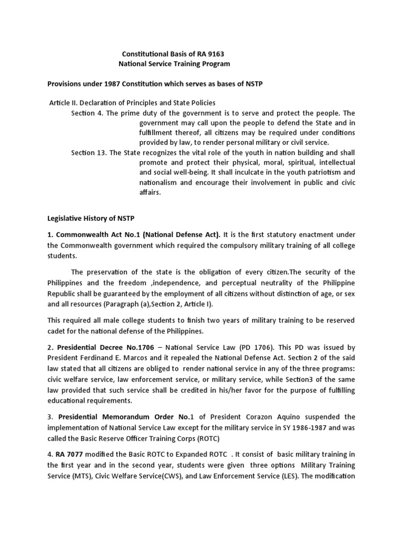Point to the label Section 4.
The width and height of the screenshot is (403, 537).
[87, 113]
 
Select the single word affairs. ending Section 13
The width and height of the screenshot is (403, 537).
[151, 192]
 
